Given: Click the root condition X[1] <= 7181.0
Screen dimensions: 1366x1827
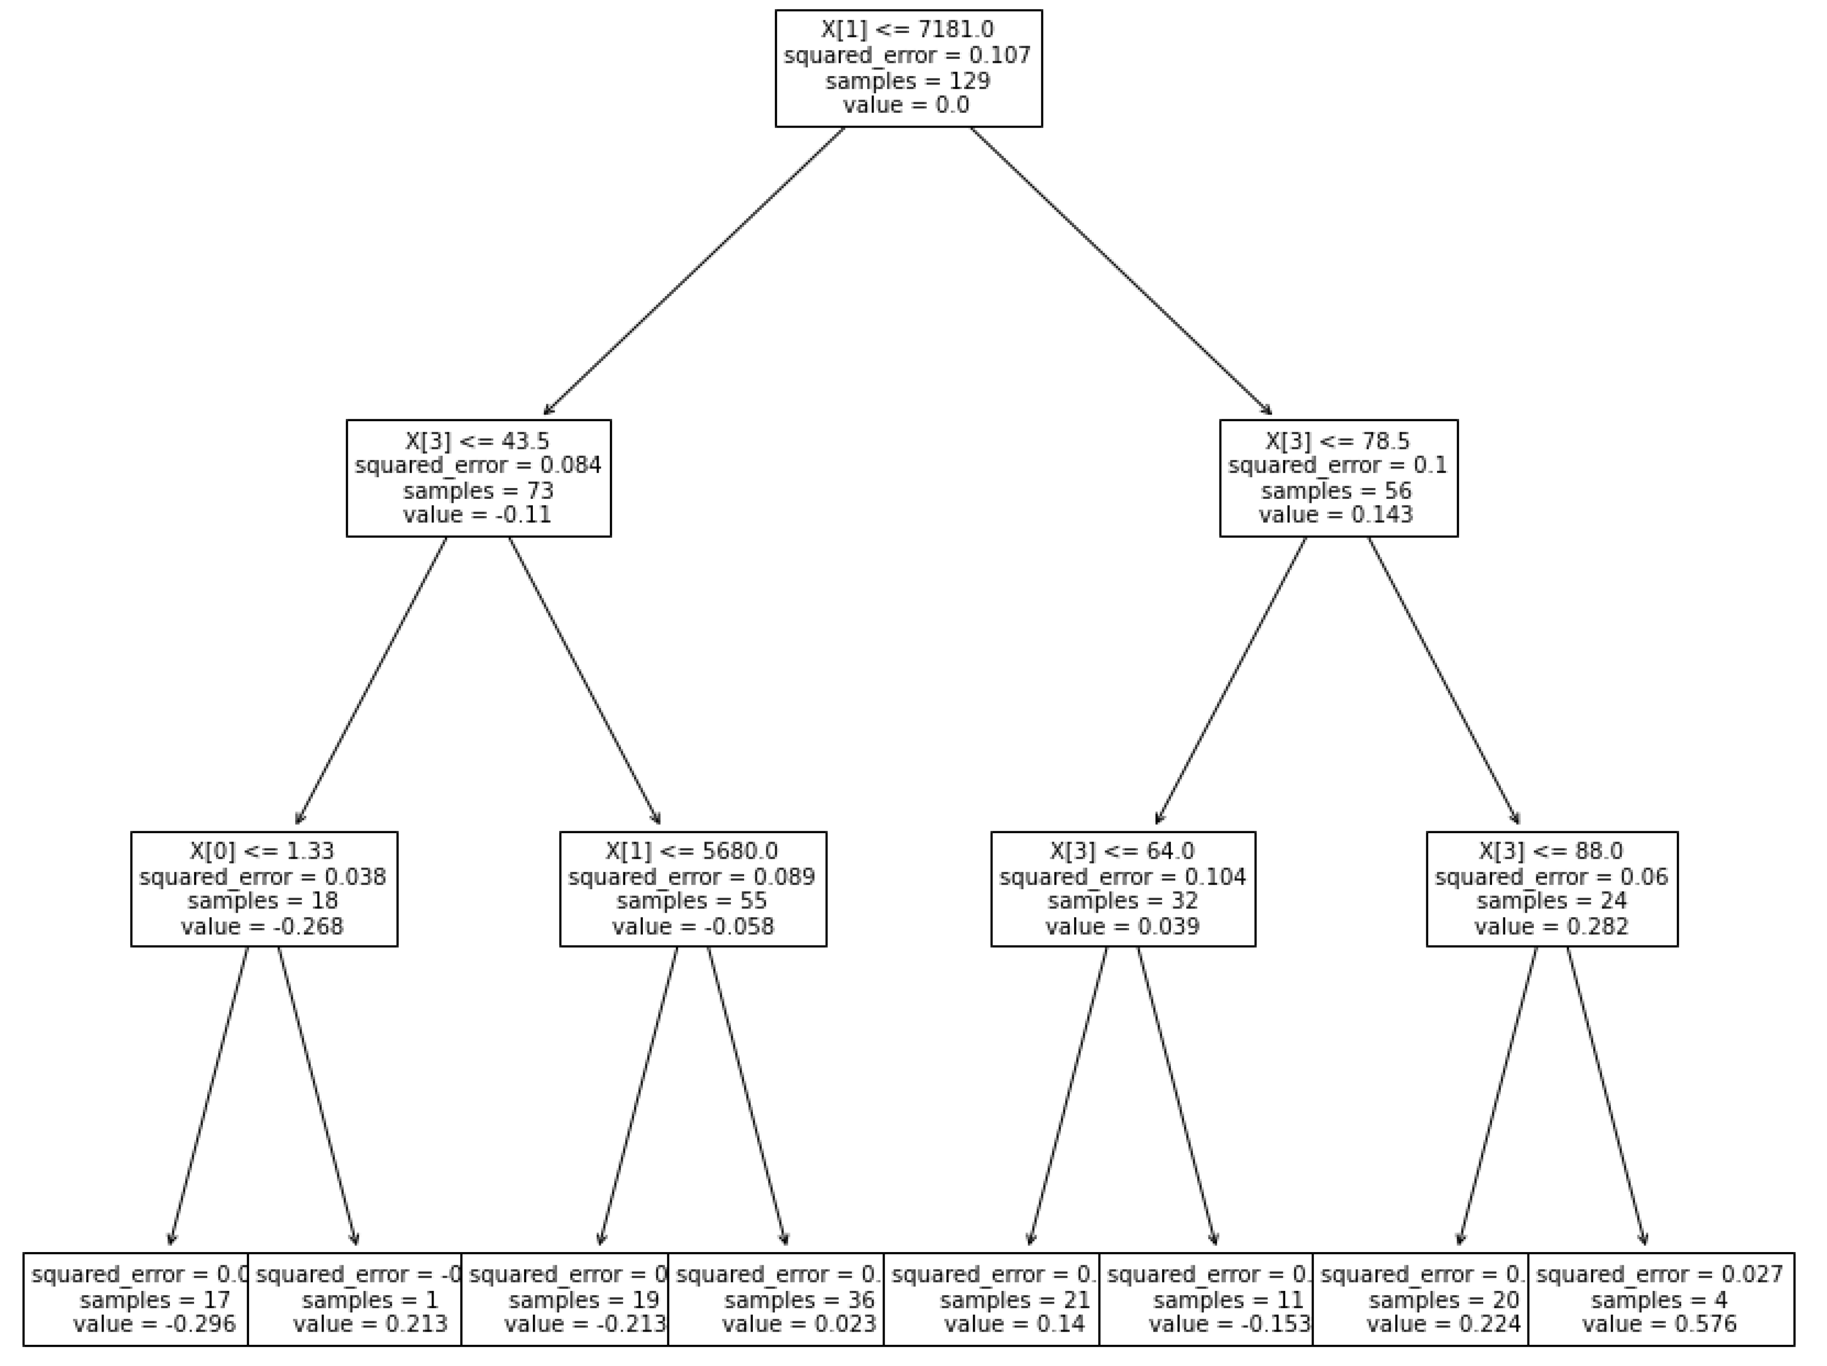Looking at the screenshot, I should [907, 30].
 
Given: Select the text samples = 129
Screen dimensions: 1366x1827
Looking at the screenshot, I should [907, 81].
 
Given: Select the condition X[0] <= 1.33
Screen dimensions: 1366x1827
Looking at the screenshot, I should [263, 850].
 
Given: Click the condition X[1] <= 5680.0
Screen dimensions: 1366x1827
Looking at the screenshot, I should [692, 850].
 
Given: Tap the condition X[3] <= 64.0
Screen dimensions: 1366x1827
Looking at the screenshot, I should [1122, 850].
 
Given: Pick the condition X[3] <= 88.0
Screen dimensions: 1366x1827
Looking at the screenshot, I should [1551, 850].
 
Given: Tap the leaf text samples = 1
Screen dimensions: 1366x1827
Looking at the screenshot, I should [370, 1300].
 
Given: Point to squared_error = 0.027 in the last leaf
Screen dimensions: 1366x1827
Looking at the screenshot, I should [1660, 1274].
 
